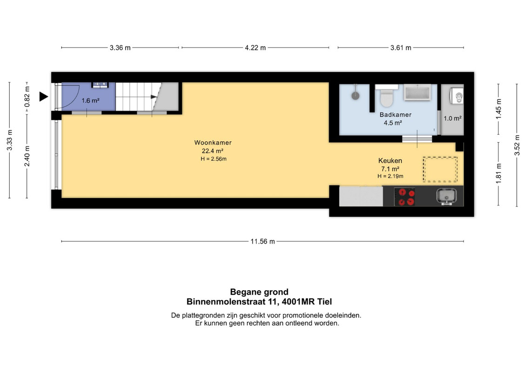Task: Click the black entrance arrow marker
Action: click(43, 97)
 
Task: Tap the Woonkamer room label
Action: click(213, 143)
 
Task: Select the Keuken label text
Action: click(390, 161)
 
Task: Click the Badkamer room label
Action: click(395, 115)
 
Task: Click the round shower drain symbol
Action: click(356, 96)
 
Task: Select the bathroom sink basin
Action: click(417, 93)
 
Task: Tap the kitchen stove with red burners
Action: click(405, 197)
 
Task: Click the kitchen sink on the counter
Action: click(446, 196)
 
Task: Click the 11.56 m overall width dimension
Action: click(263, 241)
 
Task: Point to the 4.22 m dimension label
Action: click(255, 48)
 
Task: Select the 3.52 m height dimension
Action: click(517, 145)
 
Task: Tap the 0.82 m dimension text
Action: click(27, 97)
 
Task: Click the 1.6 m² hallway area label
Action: click(91, 100)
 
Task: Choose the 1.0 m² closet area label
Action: click(453, 119)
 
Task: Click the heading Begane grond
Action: click(260, 292)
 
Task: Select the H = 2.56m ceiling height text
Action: click(213, 159)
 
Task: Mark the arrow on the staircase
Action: click(154, 97)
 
